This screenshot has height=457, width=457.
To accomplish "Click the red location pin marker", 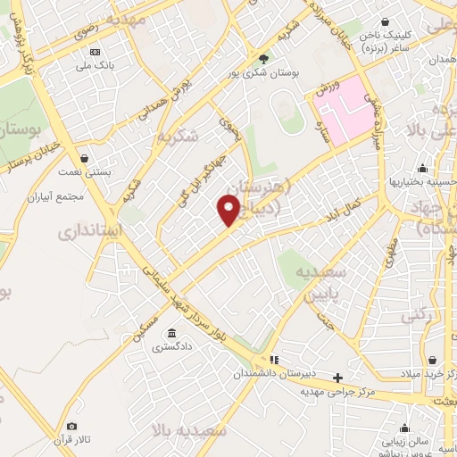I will pyautogui.click(x=228, y=211).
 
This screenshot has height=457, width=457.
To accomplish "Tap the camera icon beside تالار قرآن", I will pyautogui.click(x=72, y=427).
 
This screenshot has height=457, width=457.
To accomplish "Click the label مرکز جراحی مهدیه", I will pyautogui.click(x=337, y=391).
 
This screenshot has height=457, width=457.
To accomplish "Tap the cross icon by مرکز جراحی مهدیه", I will pyautogui.click(x=337, y=378).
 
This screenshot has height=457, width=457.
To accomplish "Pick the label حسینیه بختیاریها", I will pyautogui.click(x=422, y=182).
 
